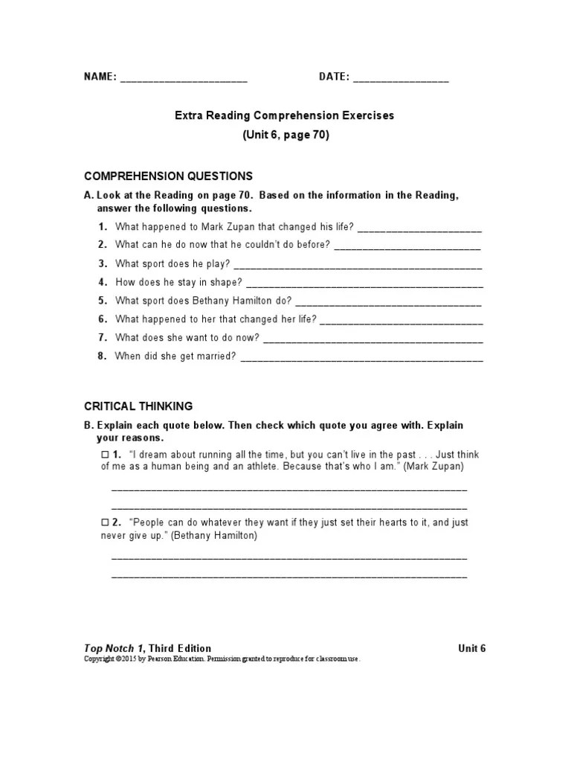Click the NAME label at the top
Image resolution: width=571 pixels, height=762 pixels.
(x=100, y=77)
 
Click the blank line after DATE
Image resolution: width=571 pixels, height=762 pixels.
(x=401, y=78)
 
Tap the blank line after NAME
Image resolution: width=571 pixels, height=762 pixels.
(x=184, y=78)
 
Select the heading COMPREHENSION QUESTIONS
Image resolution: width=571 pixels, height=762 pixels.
(x=168, y=176)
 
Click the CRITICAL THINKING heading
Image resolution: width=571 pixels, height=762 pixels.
(x=138, y=406)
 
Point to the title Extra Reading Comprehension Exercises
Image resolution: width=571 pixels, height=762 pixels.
(x=285, y=116)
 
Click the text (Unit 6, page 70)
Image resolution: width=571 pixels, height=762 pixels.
(x=285, y=135)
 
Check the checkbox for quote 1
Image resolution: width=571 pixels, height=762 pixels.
(x=105, y=454)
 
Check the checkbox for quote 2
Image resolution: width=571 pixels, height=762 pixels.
(x=105, y=522)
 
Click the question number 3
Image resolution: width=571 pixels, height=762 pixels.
(x=103, y=263)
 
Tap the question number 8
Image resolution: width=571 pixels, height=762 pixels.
(x=103, y=356)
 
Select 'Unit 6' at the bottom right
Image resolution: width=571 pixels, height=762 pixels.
(x=472, y=648)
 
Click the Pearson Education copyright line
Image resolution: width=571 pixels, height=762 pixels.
(x=222, y=660)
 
